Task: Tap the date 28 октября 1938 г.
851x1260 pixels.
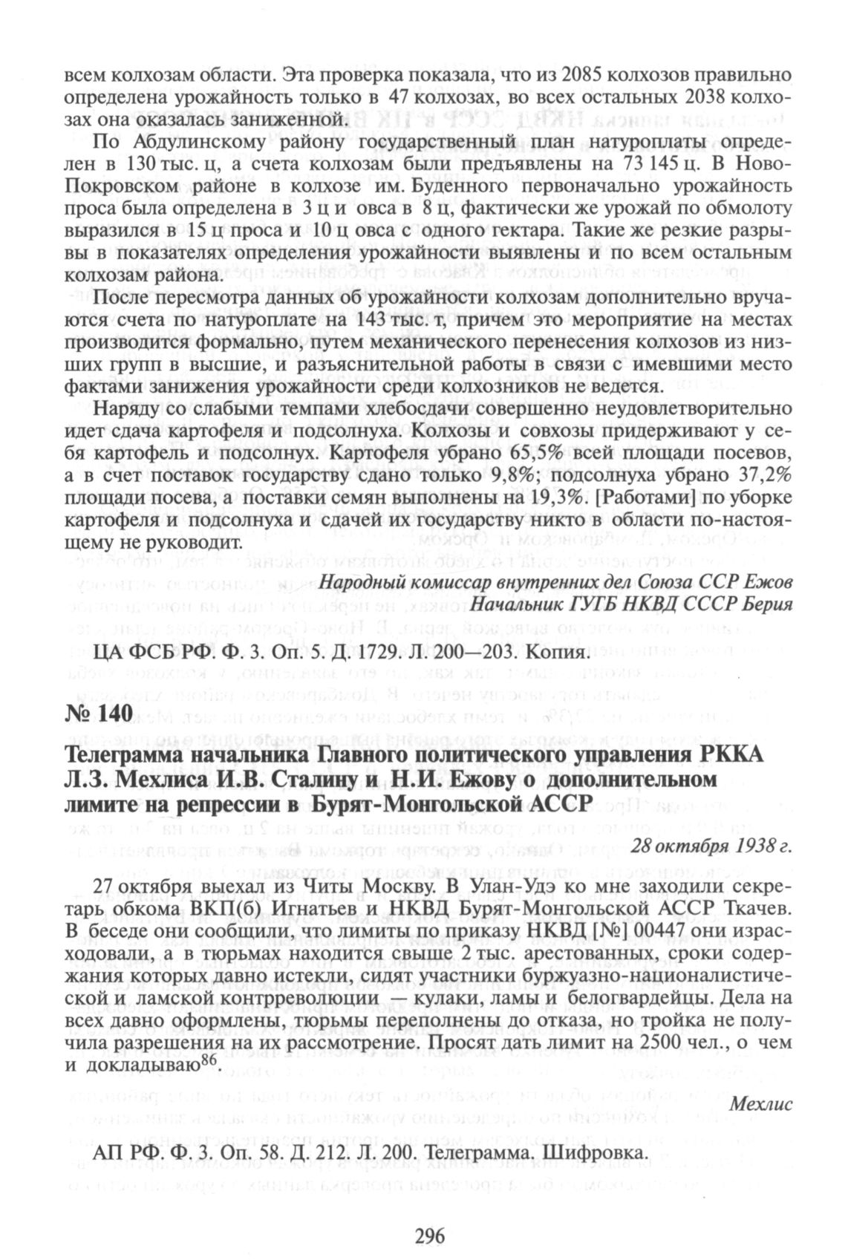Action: (x=711, y=846)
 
